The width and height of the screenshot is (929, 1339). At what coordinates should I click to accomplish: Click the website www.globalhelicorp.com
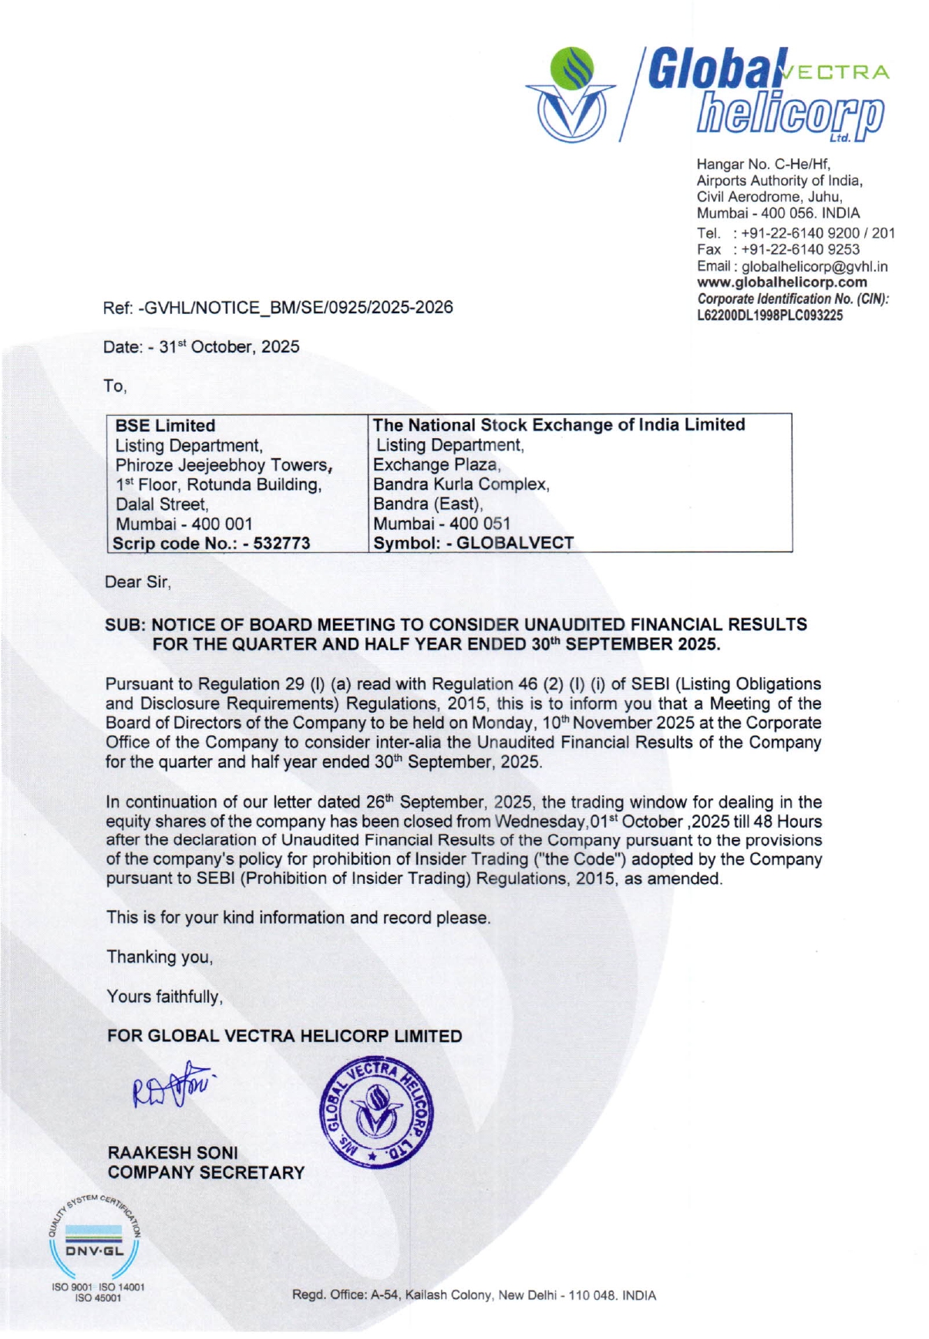[x=782, y=282]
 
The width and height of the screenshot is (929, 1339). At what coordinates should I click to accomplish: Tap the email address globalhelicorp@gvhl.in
[x=814, y=266]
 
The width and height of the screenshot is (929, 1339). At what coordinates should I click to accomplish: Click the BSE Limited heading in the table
[x=165, y=425]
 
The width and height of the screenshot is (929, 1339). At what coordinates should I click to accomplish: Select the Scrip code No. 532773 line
[x=211, y=543]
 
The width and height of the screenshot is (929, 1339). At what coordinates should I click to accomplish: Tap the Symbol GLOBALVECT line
[x=473, y=543]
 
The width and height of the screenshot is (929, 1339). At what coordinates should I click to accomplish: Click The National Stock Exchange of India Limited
[x=559, y=424]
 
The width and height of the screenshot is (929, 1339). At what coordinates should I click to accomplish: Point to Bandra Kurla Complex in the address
[x=461, y=484]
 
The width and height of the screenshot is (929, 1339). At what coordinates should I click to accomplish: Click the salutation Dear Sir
[x=137, y=582]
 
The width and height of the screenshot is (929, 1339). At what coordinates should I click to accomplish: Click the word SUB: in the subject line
[x=124, y=624]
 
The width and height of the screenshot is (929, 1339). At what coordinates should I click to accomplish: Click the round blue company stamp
[x=377, y=1111]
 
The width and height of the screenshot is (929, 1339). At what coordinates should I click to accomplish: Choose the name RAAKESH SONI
[x=173, y=1152]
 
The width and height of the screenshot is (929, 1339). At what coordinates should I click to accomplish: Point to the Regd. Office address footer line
[x=473, y=1295]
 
